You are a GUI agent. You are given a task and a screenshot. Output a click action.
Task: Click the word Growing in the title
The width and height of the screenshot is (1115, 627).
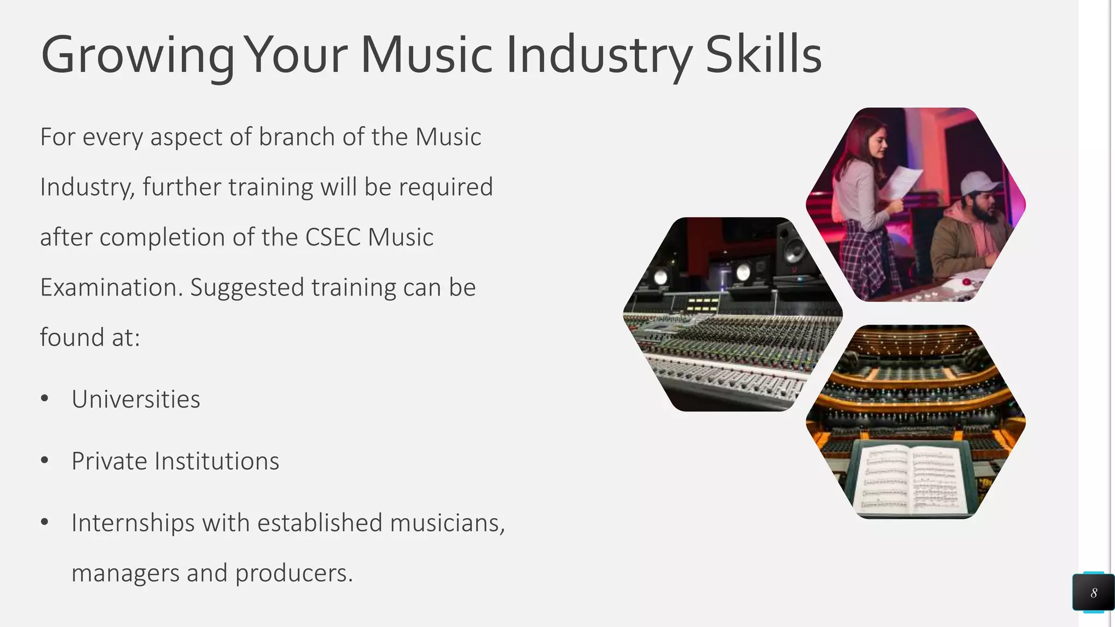pyautogui.click(x=137, y=56)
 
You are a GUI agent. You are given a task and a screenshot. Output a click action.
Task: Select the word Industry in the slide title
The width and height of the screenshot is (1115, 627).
pyautogui.click(x=599, y=56)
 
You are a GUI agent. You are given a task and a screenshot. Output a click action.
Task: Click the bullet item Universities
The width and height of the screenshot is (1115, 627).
pyautogui.click(x=136, y=399)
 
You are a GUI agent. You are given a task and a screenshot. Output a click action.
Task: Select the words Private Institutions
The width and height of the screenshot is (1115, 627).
pyautogui.click(x=175, y=462)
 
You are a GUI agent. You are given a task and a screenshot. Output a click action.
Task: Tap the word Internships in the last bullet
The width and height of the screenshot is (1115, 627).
pyautogui.click(x=133, y=523)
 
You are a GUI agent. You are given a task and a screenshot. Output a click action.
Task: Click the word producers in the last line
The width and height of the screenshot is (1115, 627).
pyautogui.click(x=293, y=573)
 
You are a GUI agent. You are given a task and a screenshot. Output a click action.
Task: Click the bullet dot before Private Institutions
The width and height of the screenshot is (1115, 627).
pyautogui.click(x=45, y=461)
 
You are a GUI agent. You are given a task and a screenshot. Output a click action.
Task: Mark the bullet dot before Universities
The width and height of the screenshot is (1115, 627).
pyautogui.click(x=45, y=399)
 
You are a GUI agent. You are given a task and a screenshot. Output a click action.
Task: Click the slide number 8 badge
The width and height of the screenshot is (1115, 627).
pyautogui.click(x=1093, y=593)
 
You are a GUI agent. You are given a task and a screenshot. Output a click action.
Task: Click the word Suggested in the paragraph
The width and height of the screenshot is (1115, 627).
pyautogui.click(x=247, y=287)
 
